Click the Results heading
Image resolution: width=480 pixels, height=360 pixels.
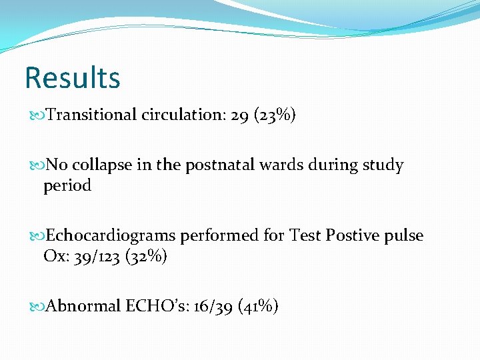pyautogui.click(x=72, y=77)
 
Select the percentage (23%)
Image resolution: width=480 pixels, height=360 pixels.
pyautogui.click(x=274, y=116)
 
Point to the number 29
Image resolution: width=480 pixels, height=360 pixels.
pyautogui.click(x=241, y=115)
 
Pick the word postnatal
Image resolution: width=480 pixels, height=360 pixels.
pyautogui.click(x=206, y=165)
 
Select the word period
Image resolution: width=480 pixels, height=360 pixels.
pyautogui.click(x=67, y=185)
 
